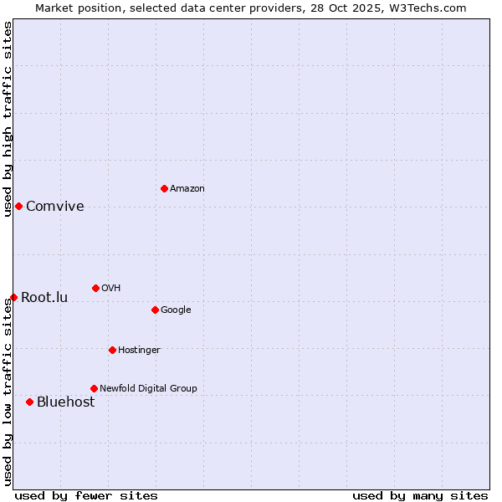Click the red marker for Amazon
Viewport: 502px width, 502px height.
[x=164, y=188]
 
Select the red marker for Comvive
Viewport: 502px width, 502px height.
[x=18, y=206]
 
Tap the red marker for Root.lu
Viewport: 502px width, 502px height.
[x=13, y=297]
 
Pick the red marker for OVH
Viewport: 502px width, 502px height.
[x=95, y=288]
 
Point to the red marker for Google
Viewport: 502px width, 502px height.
[x=155, y=310]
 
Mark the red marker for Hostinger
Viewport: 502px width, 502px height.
[x=112, y=350]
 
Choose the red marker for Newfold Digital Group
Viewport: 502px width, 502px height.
[x=94, y=388]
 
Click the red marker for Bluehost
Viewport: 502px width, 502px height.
[x=29, y=402]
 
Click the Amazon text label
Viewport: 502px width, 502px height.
[x=187, y=188]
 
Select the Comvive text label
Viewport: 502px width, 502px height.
[x=55, y=207]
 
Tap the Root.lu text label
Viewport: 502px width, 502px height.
[x=44, y=298]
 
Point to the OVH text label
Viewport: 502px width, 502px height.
[x=111, y=288]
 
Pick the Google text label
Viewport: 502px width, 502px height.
[x=176, y=310]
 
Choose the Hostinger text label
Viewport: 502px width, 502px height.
[x=139, y=350]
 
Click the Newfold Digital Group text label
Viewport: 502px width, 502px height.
[x=149, y=388]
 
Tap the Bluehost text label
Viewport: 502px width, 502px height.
[x=65, y=402]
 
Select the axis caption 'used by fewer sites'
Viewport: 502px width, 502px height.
[x=86, y=495]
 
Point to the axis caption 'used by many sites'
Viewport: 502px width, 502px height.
[x=420, y=495]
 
